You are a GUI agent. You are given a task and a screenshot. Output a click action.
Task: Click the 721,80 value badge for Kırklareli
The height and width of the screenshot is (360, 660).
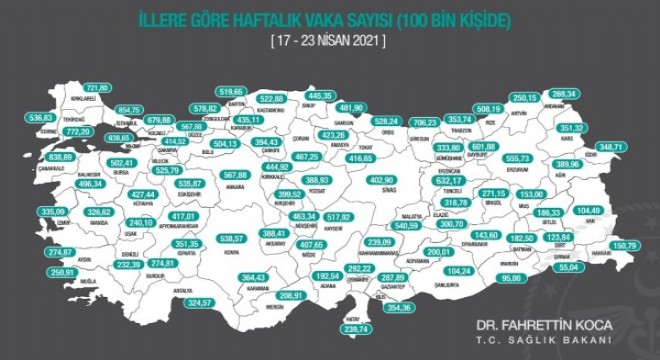[98, 88]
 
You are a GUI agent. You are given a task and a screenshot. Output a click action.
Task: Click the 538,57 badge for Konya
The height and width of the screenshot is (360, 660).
[232, 237]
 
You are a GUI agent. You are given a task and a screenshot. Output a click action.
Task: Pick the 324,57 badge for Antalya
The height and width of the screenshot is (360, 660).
[202, 302]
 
